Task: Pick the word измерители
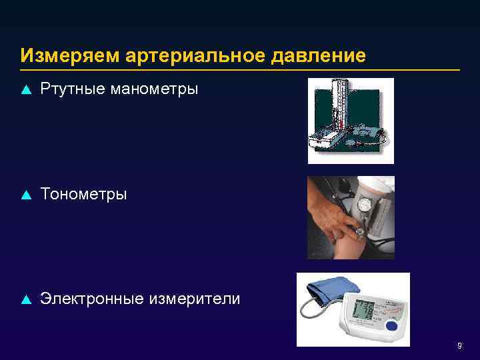click(x=195, y=299)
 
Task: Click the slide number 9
click(x=459, y=346)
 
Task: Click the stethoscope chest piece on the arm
click(x=360, y=233)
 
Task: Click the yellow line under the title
click(x=240, y=69)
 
